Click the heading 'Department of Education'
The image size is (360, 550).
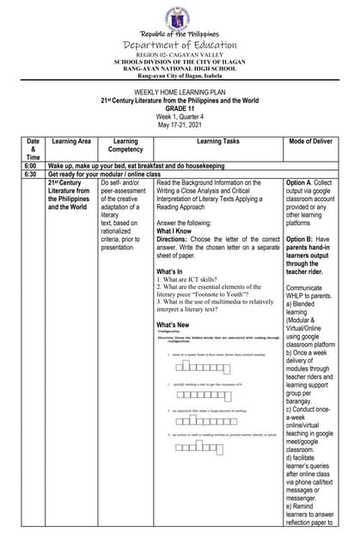[x=180, y=45]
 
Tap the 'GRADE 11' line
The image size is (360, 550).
[x=180, y=108]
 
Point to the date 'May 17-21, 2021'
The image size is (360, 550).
[x=180, y=125]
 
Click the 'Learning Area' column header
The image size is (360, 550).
[x=71, y=141]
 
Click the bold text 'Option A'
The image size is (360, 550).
[x=302, y=183]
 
